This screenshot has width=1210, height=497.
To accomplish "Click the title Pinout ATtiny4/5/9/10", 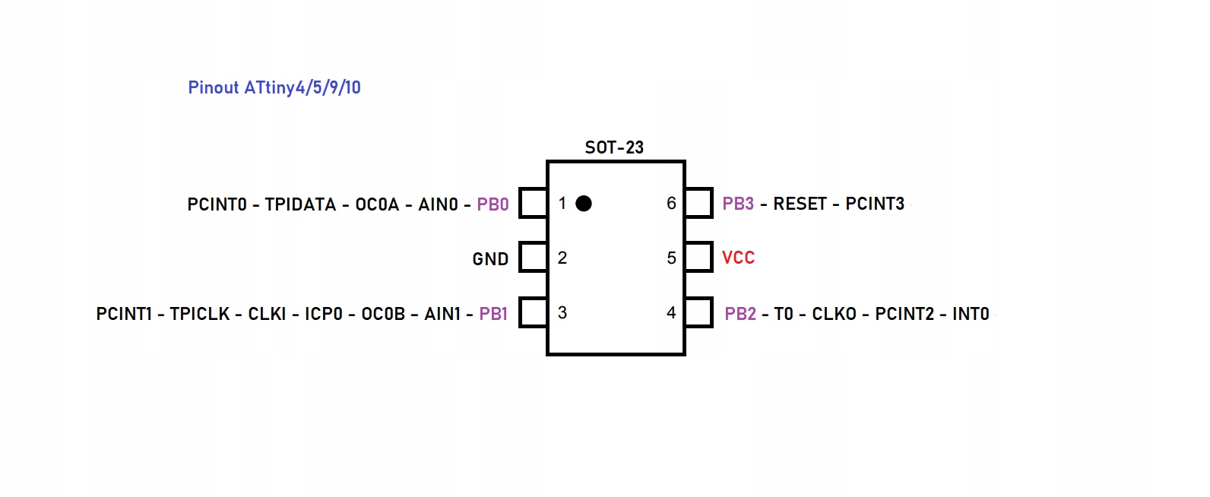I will click(274, 87).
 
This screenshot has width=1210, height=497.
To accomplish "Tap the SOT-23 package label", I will click(614, 147).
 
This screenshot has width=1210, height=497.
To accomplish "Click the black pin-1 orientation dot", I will click(584, 203).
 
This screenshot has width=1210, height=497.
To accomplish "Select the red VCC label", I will click(738, 258).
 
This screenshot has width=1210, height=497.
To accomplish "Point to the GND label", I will click(490, 259).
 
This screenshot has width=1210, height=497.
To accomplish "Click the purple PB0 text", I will click(493, 204).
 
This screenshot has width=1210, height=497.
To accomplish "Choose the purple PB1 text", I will click(493, 314).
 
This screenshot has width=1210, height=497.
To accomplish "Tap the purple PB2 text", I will click(740, 314).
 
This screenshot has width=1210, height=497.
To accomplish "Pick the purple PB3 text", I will click(738, 204).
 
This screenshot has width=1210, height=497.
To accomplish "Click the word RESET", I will click(800, 204).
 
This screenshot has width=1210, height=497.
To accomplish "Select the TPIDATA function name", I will click(300, 204).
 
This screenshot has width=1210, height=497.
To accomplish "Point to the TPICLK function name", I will click(200, 314).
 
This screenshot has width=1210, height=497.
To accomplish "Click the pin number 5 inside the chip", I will click(671, 258).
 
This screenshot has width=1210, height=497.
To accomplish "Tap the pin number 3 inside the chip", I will click(562, 312).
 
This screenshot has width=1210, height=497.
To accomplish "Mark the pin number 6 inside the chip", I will click(671, 204).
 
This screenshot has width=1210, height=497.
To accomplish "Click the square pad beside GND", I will click(533, 258).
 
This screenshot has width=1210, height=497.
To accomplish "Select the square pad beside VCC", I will click(698, 258).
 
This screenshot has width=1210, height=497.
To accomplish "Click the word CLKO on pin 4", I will click(834, 314).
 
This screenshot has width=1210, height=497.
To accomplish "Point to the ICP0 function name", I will click(324, 314).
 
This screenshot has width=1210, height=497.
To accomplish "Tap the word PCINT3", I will click(875, 204).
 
